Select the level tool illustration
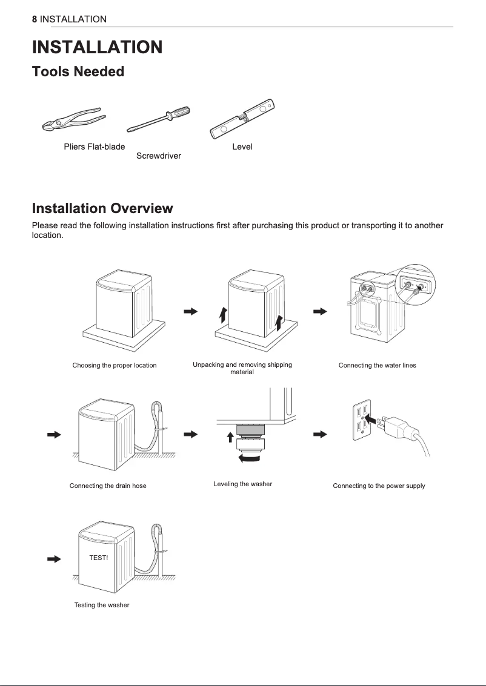pos(242,119)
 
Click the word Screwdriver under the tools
pos(159,156)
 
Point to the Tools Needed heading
pos(78,72)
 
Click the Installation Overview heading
pos(102,209)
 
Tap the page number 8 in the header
pos(35,19)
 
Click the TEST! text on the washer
pos(98,557)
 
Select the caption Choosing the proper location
pos(115,366)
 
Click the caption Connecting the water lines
pos(377,366)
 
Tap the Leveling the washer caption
pos(242,484)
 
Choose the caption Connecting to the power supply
pos(379,486)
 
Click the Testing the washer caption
pos(102,605)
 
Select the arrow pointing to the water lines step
pos(320,311)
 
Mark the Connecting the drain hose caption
pos(108,486)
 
